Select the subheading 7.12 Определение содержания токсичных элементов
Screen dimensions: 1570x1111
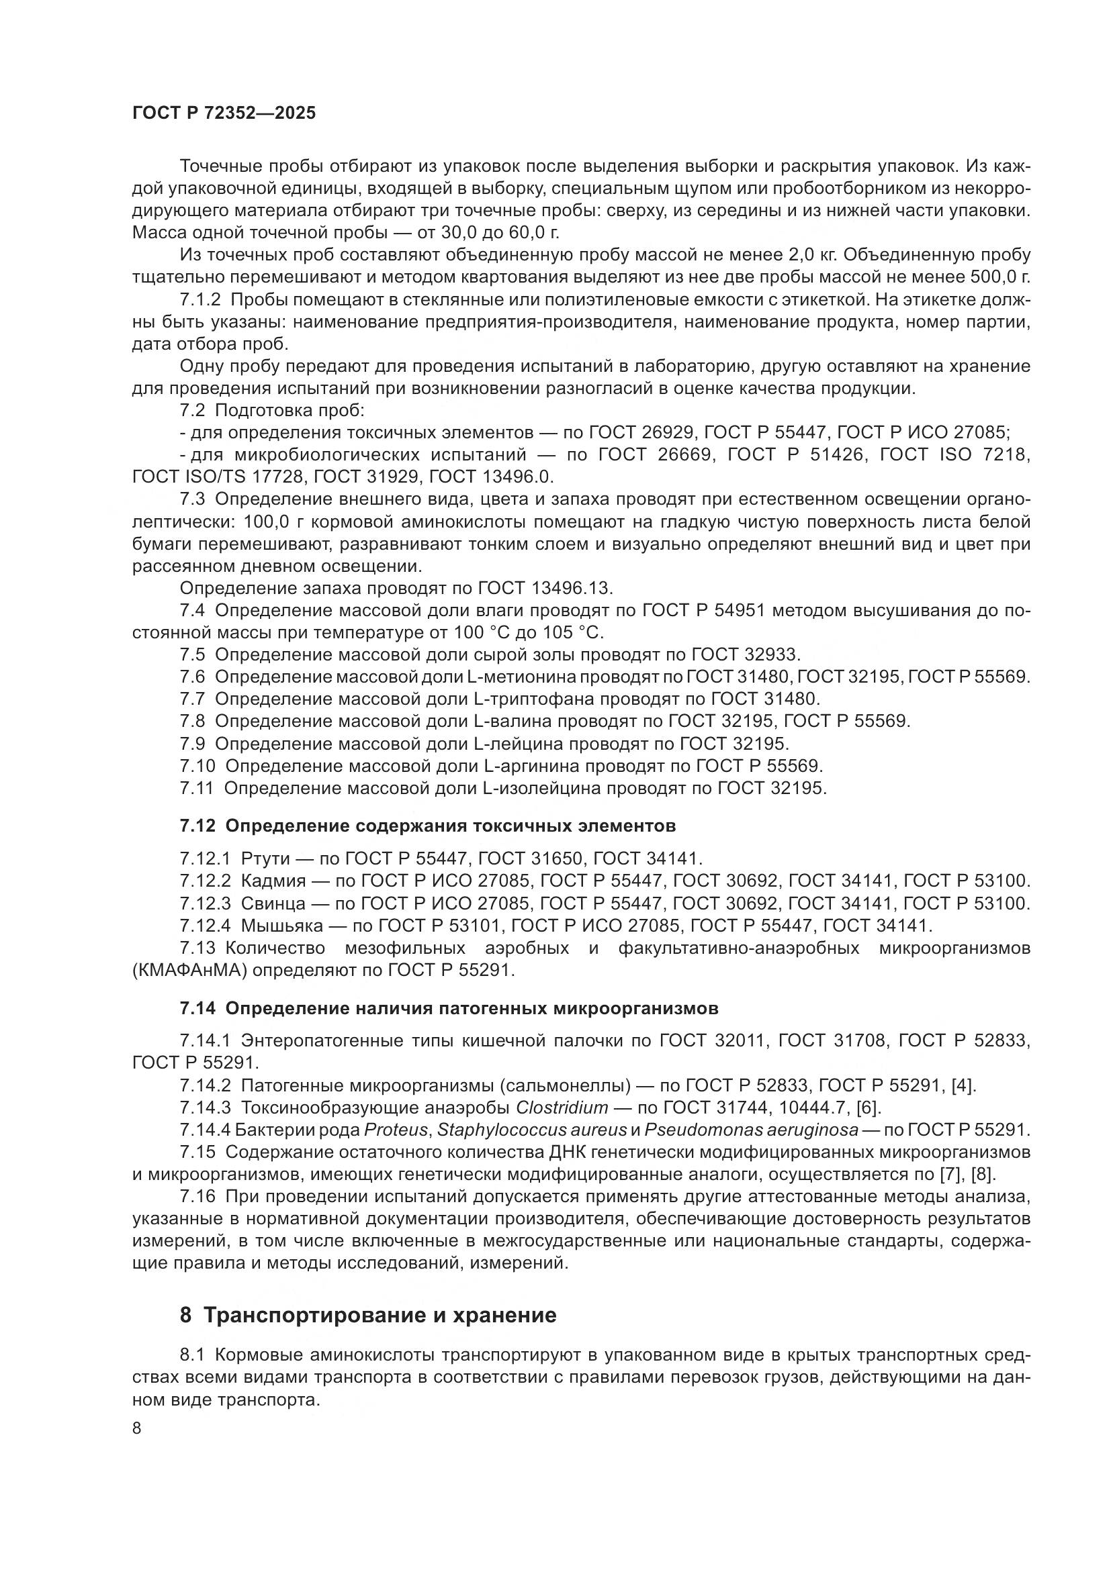(x=428, y=826)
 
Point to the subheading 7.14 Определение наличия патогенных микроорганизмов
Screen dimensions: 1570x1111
(x=449, y=1008)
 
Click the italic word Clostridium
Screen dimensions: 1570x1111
(x=562, y=1107)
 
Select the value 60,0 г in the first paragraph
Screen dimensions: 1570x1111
(x=533, y=232)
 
